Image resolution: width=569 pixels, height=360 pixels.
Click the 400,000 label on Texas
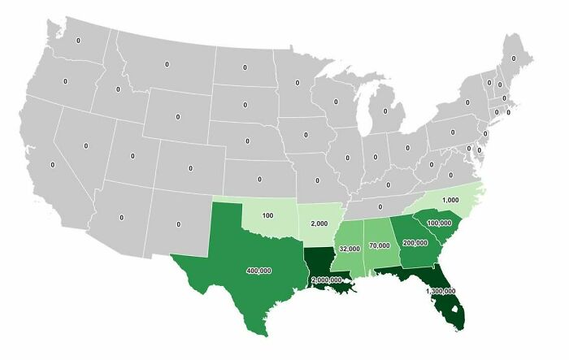click(259, 271)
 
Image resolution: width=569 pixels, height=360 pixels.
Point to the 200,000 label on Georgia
click(415, 242)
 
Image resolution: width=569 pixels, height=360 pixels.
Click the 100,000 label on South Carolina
click(439, 222)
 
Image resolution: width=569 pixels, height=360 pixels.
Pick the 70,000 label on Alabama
click(379, 243)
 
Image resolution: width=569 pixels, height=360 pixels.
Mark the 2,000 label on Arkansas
click(319, 223)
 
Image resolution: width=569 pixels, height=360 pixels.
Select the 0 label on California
click(52, 164)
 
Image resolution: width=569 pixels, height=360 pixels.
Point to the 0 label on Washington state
click(79, 40)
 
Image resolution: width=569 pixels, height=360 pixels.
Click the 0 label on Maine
click(513, 59)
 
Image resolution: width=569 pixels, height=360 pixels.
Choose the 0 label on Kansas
click(259, 179)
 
